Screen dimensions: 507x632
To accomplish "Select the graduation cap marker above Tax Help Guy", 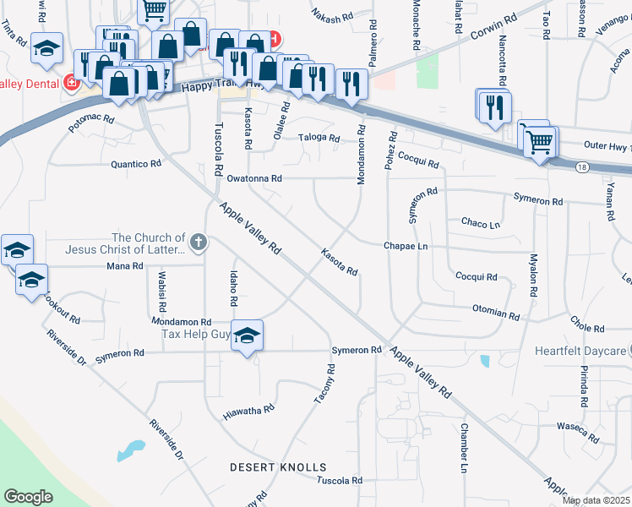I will pos(247,336).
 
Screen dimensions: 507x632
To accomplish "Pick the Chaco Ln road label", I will pos(481,223).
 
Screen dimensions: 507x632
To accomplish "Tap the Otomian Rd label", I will pos(495,313).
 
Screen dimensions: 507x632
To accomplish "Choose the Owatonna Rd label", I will pos(253,178).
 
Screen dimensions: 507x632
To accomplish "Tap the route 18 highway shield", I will pos(582,167).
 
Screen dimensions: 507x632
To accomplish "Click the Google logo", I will pos(29,496).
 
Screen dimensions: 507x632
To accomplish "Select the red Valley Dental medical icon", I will pos(71,83).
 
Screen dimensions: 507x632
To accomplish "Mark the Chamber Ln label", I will pos(464,448).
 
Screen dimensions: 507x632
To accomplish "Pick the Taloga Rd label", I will pos(319,139).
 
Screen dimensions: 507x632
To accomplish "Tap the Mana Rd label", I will pos(126,265).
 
